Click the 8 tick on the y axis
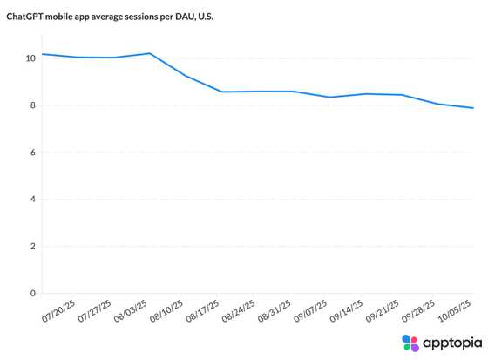pos(31,105)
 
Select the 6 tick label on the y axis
pos(31,153)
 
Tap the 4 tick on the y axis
pos(31,200)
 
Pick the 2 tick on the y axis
pos(31,247)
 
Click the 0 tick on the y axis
pos(31,294)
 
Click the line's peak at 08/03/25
pos(150,53)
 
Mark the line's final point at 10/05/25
pos(473,108)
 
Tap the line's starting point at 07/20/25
pos(42,54)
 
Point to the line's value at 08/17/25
pos(221,92)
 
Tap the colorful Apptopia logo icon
pos(410,343)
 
